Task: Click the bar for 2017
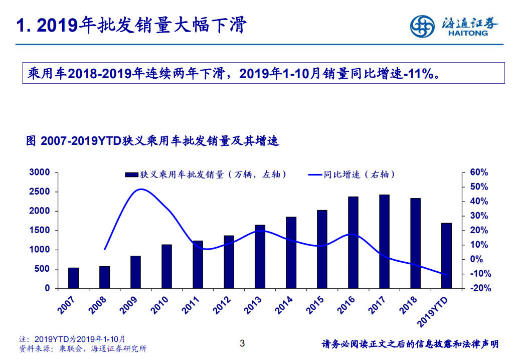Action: pyautogui.click(x=384, y=241)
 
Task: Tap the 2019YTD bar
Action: pyautogui.click(x=446, y=255)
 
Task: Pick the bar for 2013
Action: pyautogui.click(x=260, y=256)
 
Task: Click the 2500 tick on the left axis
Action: pyautogui.click(x=40, y=192)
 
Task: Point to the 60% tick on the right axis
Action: pyautogui.click(x=478, y=172)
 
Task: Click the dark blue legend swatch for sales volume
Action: pyautogui.click(x=131, y=174)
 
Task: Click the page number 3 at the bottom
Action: pyautogui.click(x=242, y=343)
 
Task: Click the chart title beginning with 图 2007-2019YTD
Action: pyautogui.click(x=152, y=141)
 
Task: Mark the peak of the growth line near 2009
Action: pyautogui.click(x=141, y=190)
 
